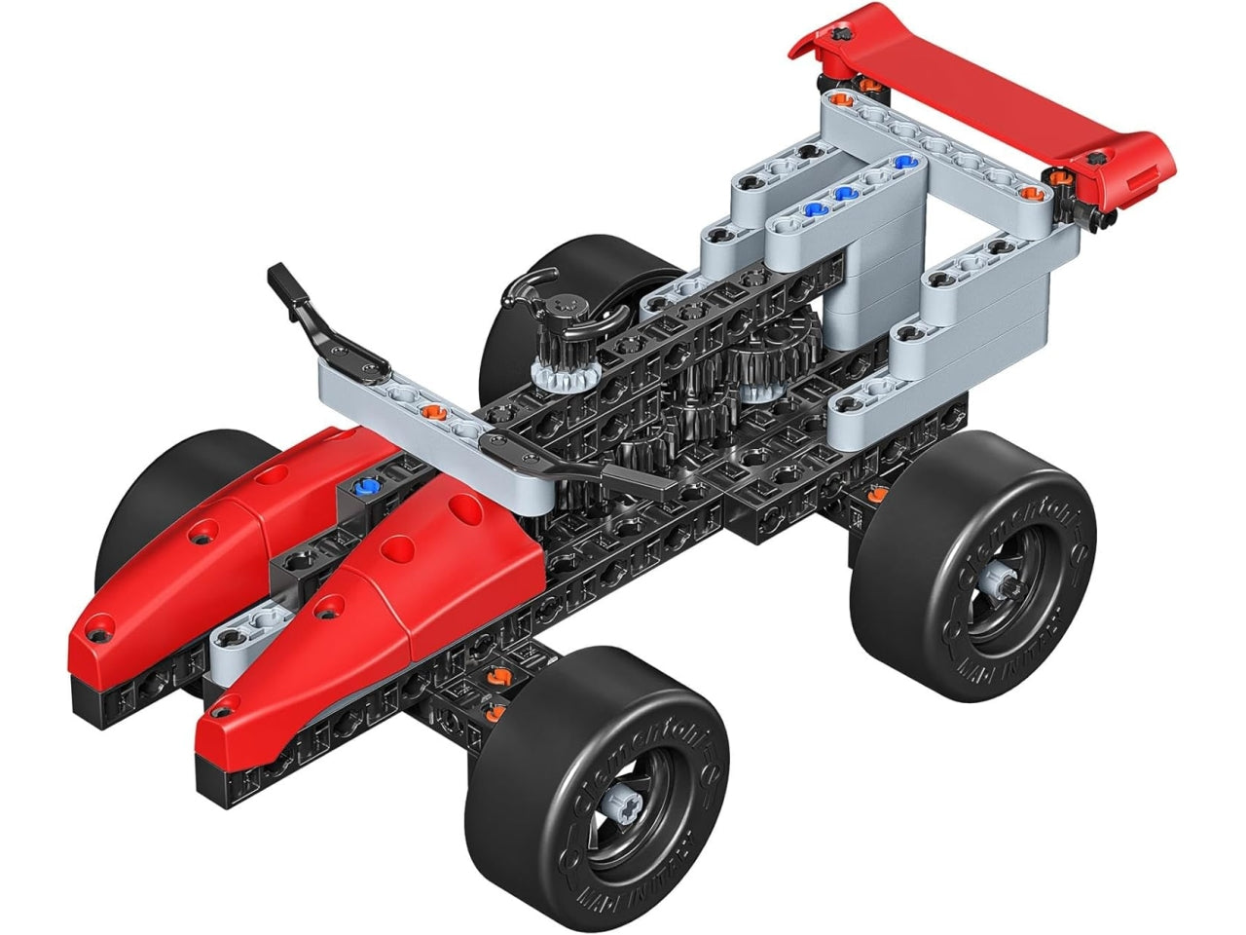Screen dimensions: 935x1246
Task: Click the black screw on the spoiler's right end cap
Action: point(1094,159)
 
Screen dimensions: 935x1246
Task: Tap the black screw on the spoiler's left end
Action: point(840,35)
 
